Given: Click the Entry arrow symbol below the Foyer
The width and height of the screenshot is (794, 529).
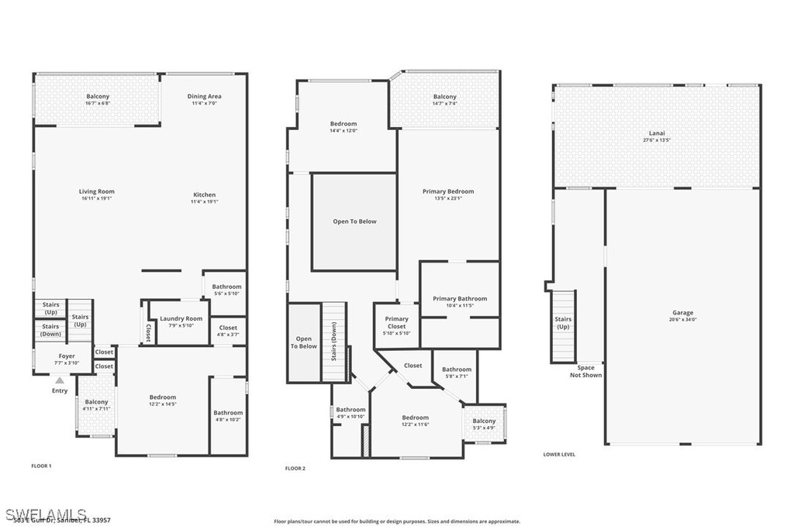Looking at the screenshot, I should tap(60, 380).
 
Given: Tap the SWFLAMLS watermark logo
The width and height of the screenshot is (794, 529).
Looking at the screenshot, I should tap(46, 514).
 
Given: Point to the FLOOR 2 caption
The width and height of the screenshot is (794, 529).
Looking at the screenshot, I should tap(295, 468).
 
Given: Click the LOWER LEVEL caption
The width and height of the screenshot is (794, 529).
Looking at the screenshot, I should tap(559, 455).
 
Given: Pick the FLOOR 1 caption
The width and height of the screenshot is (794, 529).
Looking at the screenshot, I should tap(40, 465).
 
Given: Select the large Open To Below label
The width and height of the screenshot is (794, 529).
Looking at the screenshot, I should tap(354, 222).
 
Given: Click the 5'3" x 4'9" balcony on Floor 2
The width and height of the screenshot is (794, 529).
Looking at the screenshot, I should tap(484, 424).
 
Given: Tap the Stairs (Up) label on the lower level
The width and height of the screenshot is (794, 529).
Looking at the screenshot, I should tap(563, 321).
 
